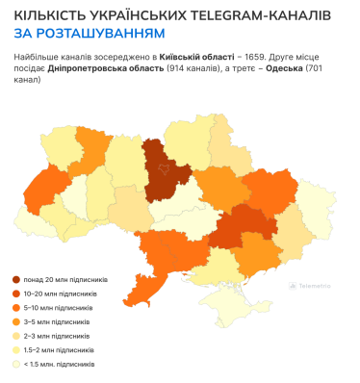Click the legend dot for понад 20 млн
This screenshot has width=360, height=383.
16,279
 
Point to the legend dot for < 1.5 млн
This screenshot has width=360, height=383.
16,365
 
